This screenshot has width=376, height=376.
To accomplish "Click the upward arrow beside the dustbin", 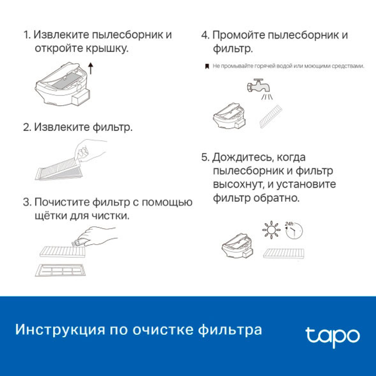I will tap(90, 69).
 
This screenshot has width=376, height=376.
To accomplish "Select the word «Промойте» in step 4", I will tap(239, 35).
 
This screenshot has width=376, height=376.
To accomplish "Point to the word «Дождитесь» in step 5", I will tap(245, 157).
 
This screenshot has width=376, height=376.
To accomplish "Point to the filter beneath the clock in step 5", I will tap(284, 253).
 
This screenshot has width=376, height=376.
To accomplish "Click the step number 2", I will tap(27, 127).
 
